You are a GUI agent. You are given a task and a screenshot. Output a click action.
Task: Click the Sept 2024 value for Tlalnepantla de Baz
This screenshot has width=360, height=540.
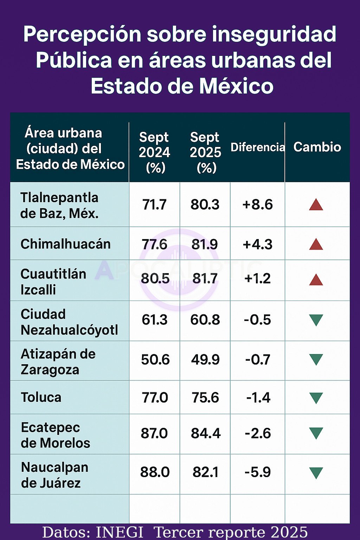154,205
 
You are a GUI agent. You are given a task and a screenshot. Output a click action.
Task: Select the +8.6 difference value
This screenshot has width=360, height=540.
257,205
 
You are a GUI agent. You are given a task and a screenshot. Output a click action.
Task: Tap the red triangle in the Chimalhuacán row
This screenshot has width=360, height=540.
316,244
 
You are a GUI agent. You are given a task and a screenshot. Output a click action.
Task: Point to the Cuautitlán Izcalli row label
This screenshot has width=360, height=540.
53,282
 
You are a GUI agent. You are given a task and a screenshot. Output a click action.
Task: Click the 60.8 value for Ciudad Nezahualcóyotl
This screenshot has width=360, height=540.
205,320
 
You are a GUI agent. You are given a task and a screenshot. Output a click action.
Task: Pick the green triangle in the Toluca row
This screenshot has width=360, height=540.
316,398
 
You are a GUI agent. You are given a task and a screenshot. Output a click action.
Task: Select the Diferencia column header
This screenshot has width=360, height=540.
257,147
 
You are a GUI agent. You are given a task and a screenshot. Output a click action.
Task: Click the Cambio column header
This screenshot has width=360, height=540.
317,147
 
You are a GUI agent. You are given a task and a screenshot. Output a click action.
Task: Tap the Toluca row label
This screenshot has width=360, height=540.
41,397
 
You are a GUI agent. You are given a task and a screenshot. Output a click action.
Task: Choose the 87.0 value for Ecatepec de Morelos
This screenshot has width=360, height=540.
154,433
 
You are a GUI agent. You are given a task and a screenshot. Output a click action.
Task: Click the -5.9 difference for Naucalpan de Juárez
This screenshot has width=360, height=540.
258,472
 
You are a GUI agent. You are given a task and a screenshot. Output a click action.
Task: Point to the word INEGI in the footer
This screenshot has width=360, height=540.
120,532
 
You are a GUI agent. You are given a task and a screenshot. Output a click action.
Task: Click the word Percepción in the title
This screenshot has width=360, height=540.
82,35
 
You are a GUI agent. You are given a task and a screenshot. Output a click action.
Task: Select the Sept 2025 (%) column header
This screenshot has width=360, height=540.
205,152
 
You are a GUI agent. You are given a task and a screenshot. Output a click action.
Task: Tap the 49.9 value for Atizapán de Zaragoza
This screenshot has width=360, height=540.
205,360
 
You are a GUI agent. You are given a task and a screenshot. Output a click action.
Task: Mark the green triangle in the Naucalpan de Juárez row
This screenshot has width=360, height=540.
316,473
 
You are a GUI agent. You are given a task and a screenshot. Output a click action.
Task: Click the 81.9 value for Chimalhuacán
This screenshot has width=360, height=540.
205,244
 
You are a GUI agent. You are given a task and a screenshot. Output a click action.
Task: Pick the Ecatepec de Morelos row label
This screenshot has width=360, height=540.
56,435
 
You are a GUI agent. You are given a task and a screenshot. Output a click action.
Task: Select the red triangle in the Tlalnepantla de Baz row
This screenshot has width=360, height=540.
316,205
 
